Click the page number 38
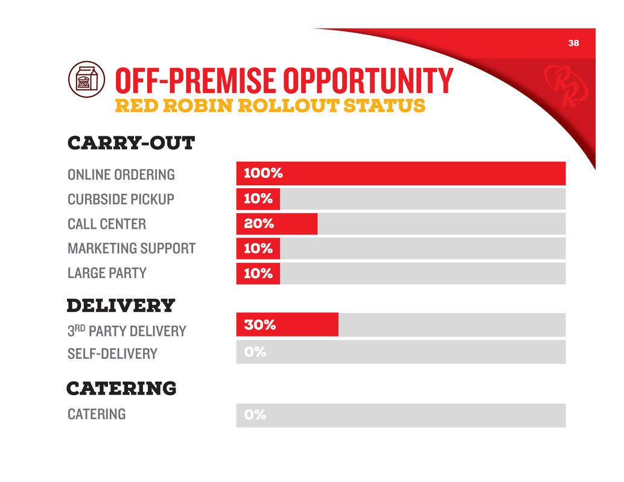coord(573,43)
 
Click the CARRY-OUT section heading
coord(130,144)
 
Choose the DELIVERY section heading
coord(121,305)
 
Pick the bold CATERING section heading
coord(121,388)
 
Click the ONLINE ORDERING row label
coord(121,175)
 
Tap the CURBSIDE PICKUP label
coord(121,200)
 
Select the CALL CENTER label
coord(107,224)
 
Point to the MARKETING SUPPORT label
coord(132,249)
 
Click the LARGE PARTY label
coord(107,273)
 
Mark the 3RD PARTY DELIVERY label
coord(127,331)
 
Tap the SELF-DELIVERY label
coord(112,354)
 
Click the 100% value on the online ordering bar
coord(263,174)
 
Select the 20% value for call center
coord(259,224)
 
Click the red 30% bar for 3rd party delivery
coord(287,325)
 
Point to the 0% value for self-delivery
coord(255,352)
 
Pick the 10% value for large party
coord(258,273)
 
